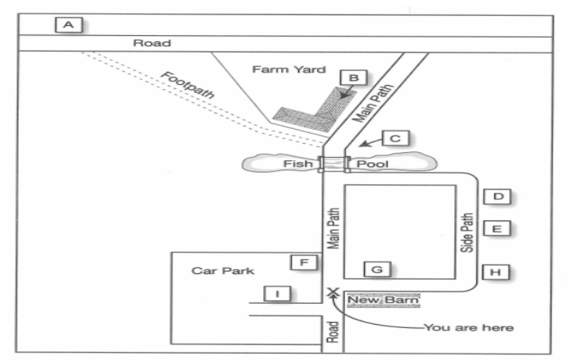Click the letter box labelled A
69,25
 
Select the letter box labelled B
354,78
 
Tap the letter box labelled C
396,138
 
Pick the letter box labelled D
497,197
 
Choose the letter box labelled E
497,229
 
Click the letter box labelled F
304,262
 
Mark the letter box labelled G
377,269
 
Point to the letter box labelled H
496,273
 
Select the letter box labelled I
277,294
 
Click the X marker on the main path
333,292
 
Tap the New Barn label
383,301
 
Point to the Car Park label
223,271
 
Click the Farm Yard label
289,70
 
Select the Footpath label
187,85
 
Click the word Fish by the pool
297,164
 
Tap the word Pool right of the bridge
372,164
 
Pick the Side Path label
467,233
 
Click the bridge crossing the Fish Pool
333,164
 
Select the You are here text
468,328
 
